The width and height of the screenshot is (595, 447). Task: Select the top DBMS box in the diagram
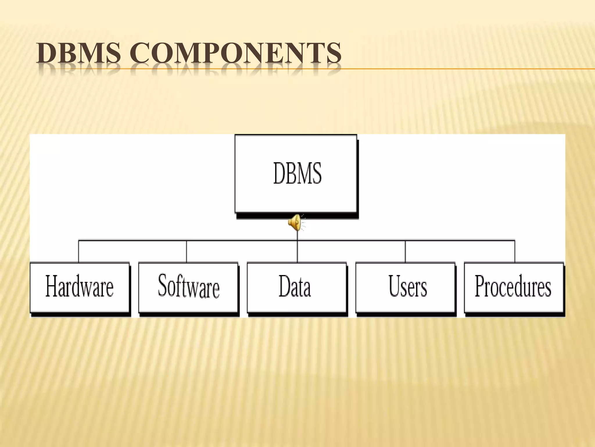coord(296,173)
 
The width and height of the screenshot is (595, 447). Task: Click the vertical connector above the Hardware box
coord(78,251)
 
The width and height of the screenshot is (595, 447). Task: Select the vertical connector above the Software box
coord(187,251)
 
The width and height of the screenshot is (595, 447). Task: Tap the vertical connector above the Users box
coord(405,251)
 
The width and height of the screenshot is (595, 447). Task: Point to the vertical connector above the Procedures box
coord(515,251)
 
